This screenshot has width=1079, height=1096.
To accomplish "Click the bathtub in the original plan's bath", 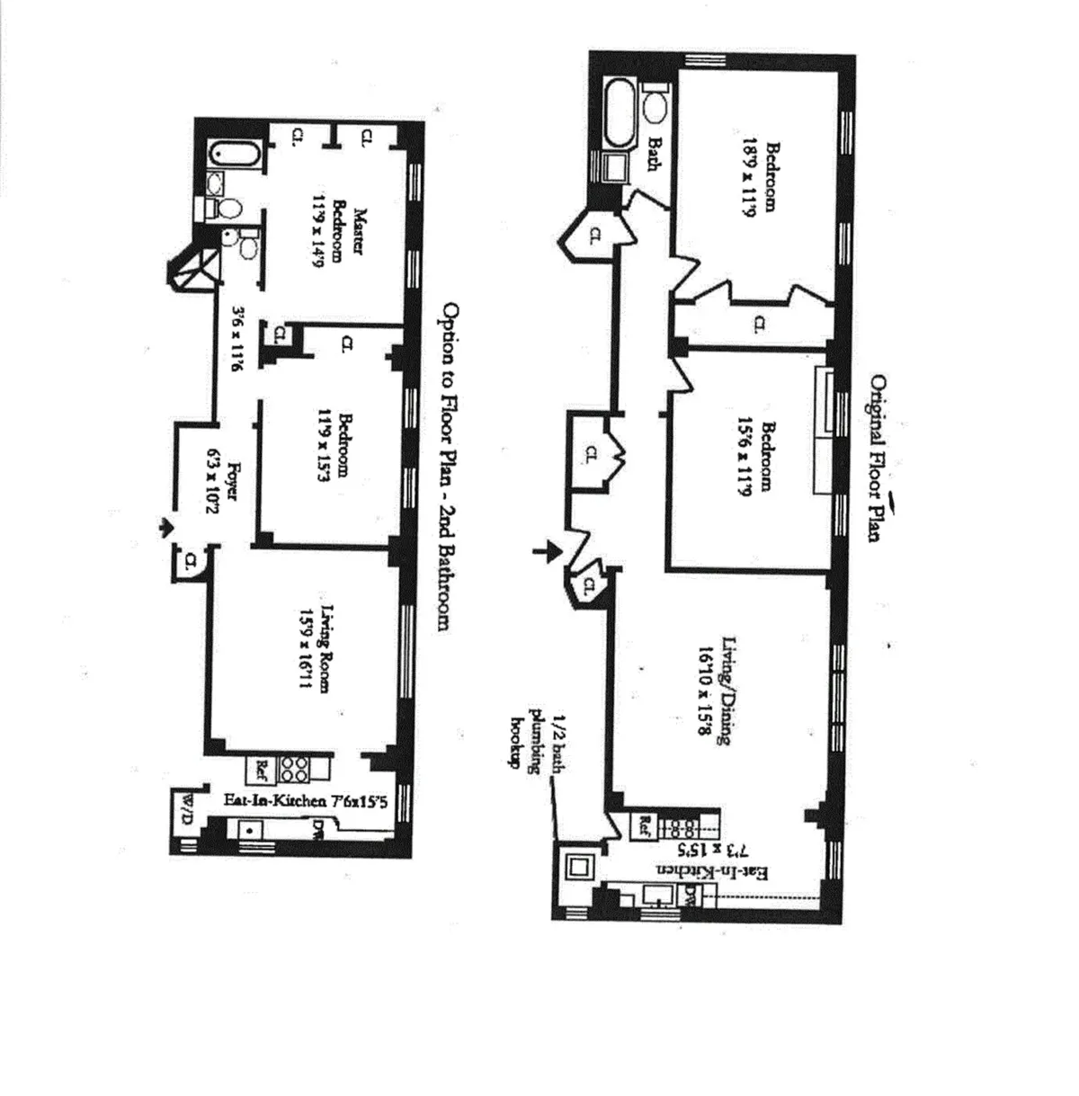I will pyautogui.click(x=621, y=112).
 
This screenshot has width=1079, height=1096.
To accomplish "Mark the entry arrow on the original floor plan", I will pyautogui.click(x=543, y=551).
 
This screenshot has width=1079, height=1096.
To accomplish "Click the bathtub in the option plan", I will pyautogui.click(x=236, y=156).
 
